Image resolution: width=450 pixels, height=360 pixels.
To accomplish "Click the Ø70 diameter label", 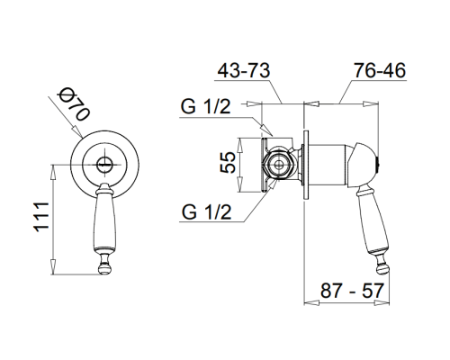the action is coord(75,104).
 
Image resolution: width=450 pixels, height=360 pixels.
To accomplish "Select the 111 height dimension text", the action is coord(41,217).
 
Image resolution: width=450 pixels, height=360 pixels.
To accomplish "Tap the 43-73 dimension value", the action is coord(244,71).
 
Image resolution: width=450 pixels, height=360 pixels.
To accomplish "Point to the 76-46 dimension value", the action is coord(380,71).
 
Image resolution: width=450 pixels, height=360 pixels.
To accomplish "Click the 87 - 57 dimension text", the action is coord(352,291).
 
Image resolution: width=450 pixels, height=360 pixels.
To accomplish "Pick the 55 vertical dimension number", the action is coord(228,162).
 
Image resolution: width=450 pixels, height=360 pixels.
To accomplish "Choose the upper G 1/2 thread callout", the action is coord(206,106).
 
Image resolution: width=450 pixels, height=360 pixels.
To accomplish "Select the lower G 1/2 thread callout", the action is coord(207,212).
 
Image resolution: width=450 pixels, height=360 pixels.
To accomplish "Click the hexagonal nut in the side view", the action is coord(280,165).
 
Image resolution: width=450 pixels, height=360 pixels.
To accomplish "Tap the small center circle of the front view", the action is coord(104,165).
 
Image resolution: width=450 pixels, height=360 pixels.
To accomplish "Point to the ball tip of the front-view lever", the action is coord(105,268).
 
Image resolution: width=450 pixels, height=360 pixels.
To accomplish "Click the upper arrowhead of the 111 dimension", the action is coord(53,173).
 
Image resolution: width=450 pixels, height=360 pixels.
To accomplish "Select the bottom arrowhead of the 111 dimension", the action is coord(53,266).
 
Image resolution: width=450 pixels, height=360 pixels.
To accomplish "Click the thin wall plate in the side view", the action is coord(306,165).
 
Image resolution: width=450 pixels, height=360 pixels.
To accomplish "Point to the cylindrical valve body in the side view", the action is coord(328,165).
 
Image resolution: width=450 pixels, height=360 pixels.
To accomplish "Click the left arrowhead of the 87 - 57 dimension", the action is coord(311,302).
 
